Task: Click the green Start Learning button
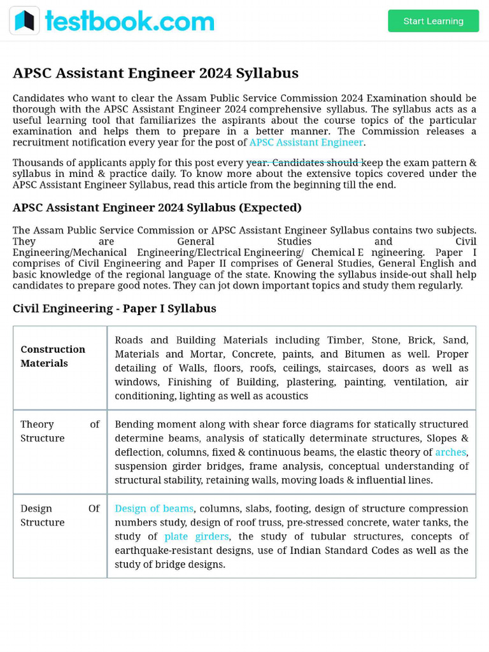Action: pos(433,21)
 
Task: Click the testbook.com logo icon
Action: pos(24,21)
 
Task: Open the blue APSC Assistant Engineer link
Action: pos(306,143)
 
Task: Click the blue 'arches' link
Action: pos(450,452)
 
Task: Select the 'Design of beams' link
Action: pos(154,509)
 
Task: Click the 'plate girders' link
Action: pos(196,537)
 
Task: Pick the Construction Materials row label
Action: pos(53,356)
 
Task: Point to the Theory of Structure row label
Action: pos(60,431)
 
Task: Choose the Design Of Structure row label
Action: pos(60,515)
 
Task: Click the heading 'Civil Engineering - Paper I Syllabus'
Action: pos(115,309)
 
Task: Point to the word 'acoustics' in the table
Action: pos(286,396)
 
